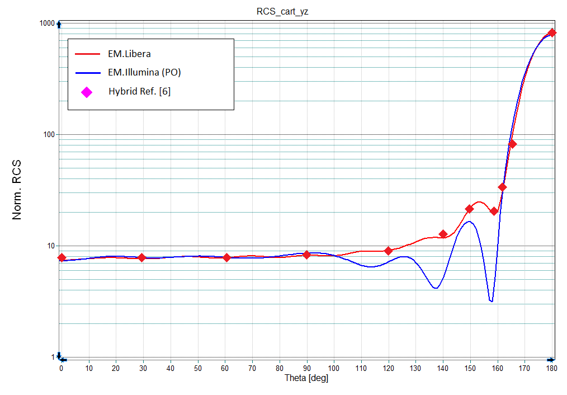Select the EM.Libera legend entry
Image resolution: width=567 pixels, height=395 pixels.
pos(129,54)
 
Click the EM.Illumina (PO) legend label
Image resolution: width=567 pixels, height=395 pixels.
pos(144,73)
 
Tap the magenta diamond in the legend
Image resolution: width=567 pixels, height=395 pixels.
pos(87,92)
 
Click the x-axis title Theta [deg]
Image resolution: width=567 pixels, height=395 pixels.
pos(306,378)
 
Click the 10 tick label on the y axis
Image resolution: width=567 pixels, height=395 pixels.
pos(50,246)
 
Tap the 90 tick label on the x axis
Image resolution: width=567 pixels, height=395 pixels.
pos(306,368)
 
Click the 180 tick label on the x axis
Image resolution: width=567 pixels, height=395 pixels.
pos(551,368)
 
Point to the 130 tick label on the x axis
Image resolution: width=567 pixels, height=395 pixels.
pos(415,368)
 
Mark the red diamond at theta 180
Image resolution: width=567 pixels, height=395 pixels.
pos(552,33)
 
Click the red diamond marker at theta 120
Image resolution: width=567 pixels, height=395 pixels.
pos(388,251)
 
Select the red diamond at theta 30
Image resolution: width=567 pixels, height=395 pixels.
pos(141,257)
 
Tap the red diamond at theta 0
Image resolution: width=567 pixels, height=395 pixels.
pos(62,257)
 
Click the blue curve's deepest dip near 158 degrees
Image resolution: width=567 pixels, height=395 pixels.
pos(491,301)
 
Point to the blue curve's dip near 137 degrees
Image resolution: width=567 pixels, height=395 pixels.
pos(435,288)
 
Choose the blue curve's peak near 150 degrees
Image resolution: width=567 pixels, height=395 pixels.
pos(470,222)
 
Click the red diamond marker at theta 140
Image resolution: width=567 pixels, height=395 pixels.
pos(443,234)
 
